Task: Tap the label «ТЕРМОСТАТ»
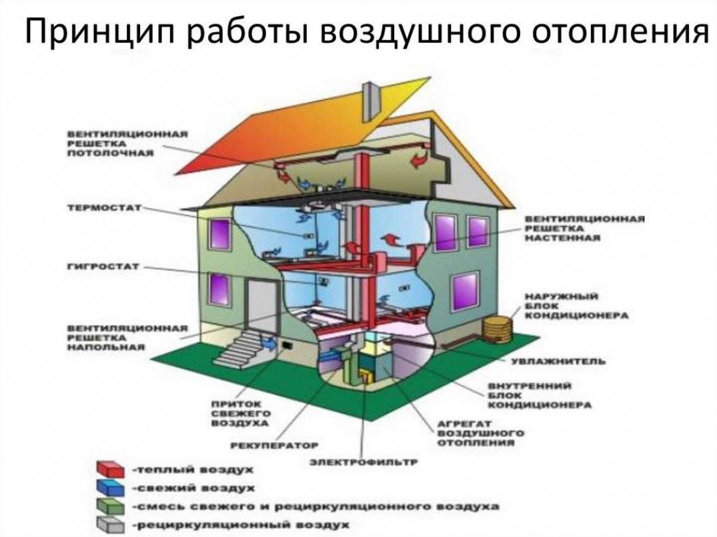pos(105,207)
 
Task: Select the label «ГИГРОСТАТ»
pos(103,267)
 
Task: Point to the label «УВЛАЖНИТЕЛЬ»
pos(558,362)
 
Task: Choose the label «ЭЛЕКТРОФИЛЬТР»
pos(364,462)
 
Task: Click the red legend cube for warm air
pos(110,469)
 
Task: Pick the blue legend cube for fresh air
pos(110,488)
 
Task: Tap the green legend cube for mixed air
pos(110,506)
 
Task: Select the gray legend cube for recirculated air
pos(110,525)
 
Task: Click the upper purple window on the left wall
pos(219,234)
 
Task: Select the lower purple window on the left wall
pos(219,289)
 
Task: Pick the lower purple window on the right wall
pos(465,292)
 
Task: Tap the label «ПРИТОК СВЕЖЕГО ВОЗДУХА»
pos(241,414)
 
